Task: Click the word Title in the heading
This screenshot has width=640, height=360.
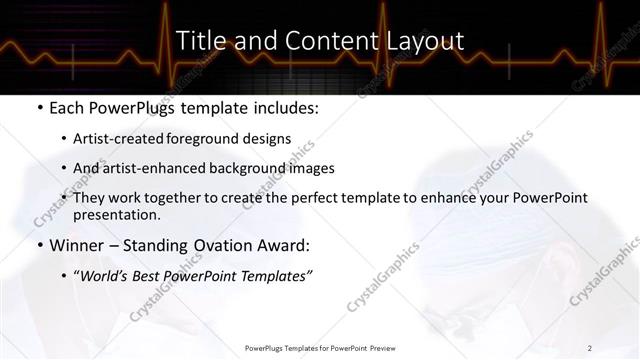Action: [198, 40]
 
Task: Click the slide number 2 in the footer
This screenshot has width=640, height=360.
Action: [590, 347]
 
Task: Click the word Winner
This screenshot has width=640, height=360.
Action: [77, 245]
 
